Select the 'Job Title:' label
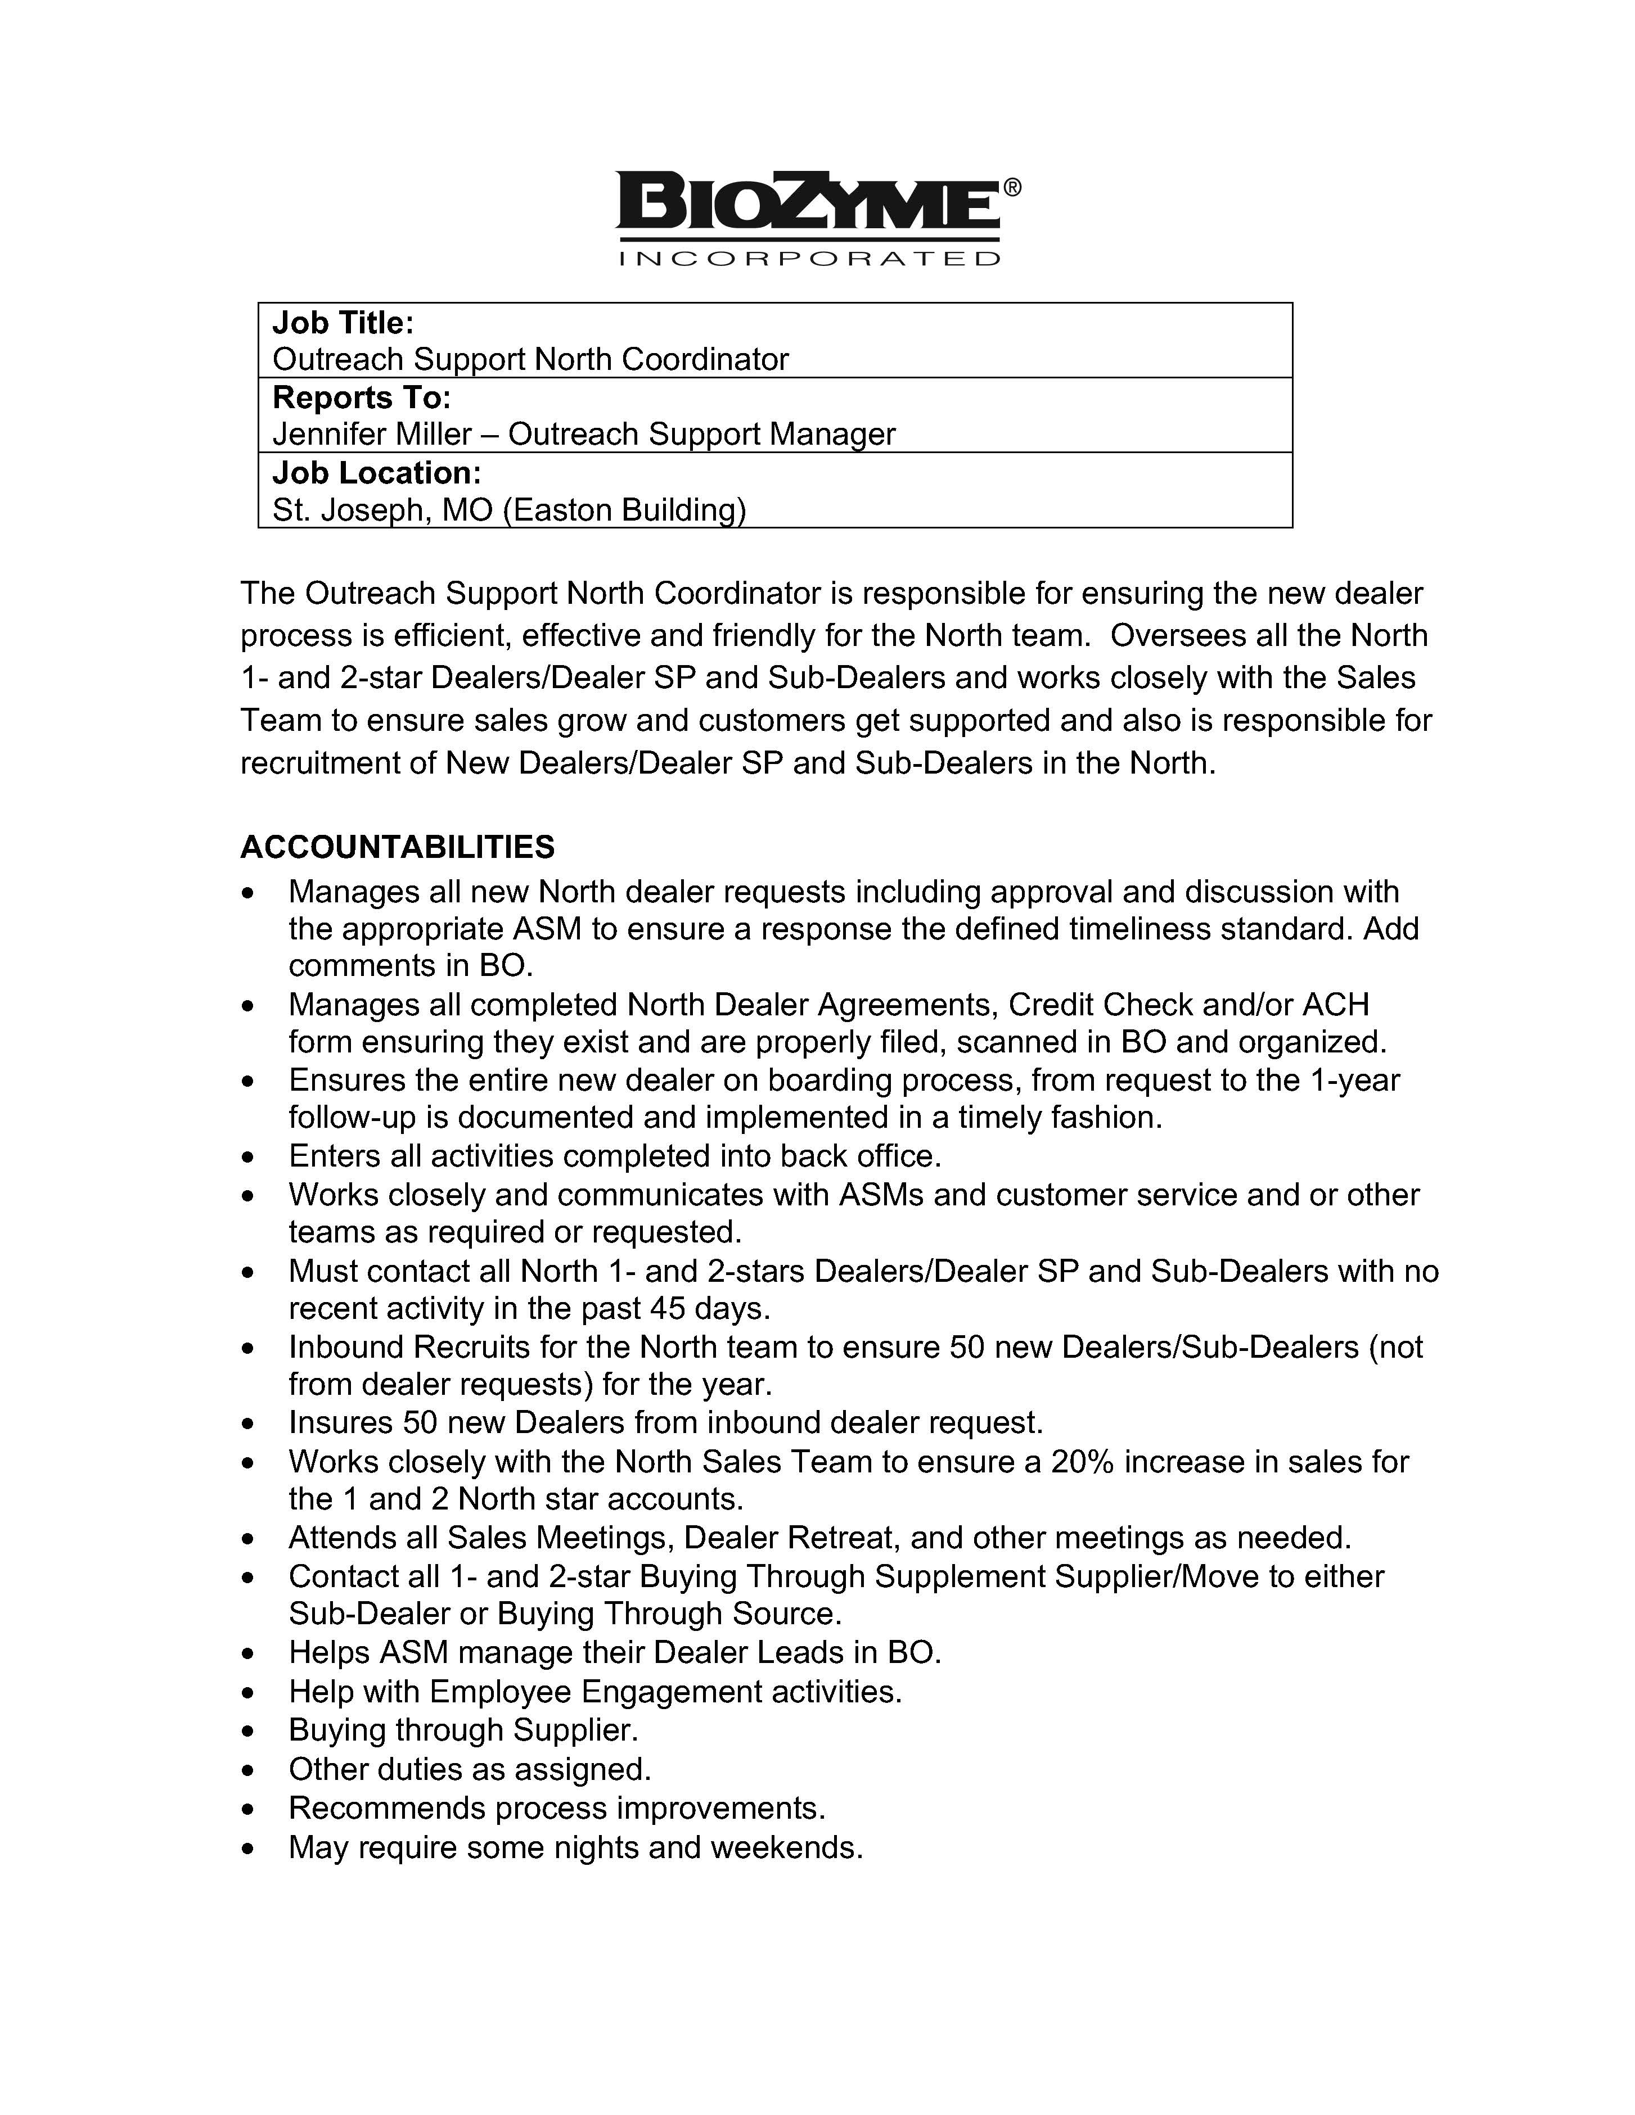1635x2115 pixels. coord(343,323)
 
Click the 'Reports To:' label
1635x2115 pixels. coord(361,397)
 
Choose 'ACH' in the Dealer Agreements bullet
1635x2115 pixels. coord(1336,1004)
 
